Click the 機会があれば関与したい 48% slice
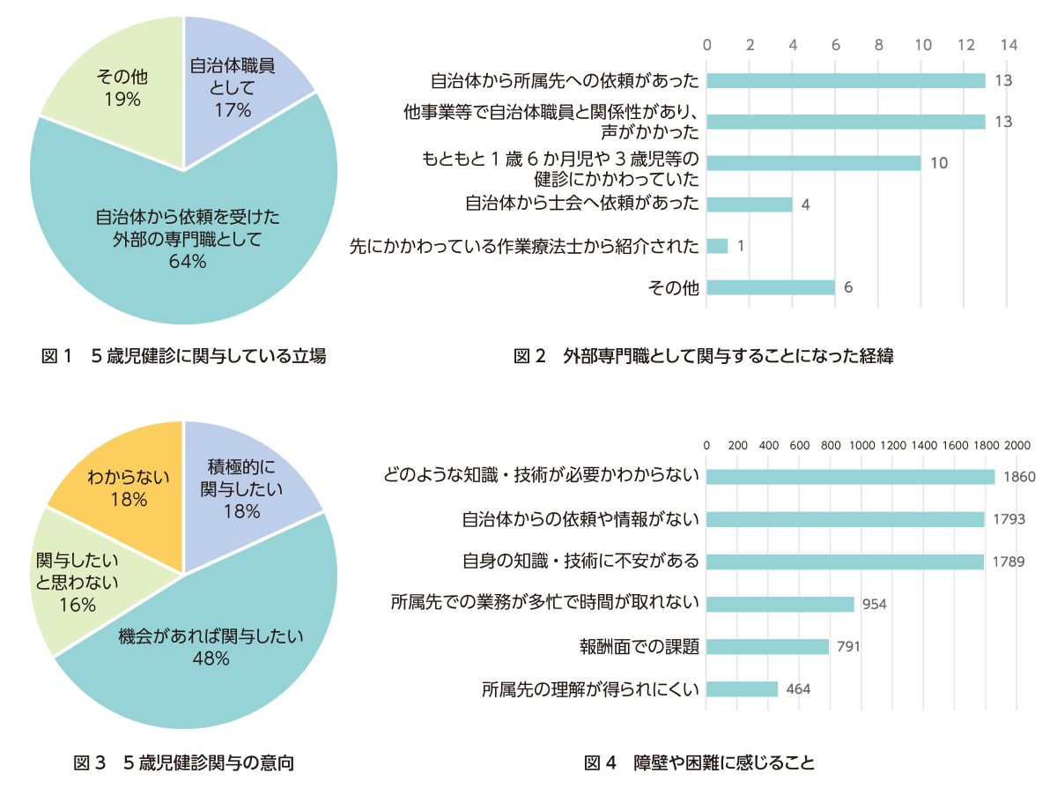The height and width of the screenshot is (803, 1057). pos(211,652)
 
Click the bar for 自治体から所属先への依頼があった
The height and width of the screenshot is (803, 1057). pos(846,81)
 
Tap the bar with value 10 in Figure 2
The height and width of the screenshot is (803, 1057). pos(813,163)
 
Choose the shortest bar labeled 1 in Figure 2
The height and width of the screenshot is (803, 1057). pos(717,246)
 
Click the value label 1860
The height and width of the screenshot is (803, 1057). pos(1017,478)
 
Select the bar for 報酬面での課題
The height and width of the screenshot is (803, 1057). pos(767,647)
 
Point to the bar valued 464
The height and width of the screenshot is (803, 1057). pos(742,689)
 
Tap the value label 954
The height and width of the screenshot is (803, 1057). pos(873,605)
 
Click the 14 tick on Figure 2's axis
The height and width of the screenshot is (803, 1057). pos(1008,45)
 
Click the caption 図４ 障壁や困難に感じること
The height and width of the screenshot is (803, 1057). pos(699,763)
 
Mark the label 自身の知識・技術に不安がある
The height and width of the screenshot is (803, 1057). pos(580,561)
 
